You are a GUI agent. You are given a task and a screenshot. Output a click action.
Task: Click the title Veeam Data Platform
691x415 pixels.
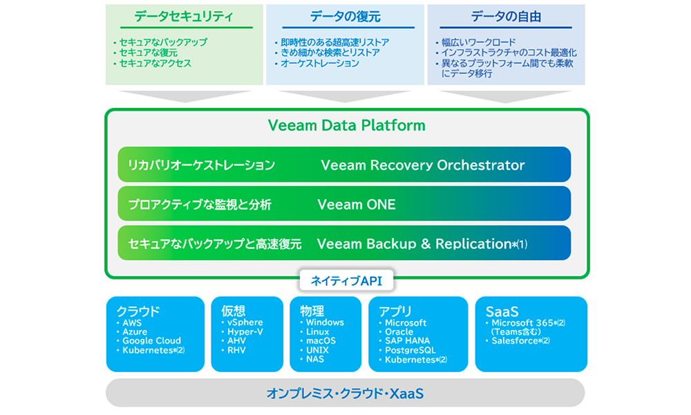coord(346,126)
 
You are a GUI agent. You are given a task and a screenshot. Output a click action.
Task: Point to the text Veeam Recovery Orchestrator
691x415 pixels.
coord(422,165)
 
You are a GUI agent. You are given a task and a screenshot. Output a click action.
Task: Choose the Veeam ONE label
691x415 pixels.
coord(357,205)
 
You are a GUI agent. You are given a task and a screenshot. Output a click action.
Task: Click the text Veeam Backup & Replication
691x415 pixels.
coord(413,243)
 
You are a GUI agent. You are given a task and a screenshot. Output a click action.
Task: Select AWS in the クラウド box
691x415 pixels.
coord(132,323)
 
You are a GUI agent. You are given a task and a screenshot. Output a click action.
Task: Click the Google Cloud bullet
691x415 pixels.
coord(151,341)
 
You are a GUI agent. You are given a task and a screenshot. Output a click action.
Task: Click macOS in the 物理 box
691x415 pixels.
coord(321,341)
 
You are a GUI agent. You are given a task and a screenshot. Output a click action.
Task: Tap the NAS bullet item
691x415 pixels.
coord(315,359)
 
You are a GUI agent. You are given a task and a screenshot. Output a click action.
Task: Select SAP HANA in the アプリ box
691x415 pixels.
coord(407,341)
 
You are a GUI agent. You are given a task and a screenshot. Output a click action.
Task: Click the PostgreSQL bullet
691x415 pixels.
coord(410,350)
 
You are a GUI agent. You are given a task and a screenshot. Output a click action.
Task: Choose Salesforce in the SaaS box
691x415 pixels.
coord(516,341)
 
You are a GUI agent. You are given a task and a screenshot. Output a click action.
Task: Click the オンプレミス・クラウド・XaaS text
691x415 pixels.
coord(345,394)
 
